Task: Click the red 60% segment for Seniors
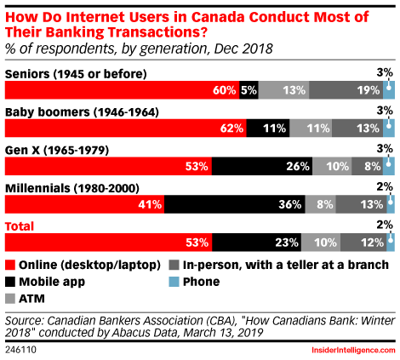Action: coord(122,90)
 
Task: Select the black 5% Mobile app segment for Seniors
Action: coord(249,90)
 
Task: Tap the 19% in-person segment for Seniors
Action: coord(346,90)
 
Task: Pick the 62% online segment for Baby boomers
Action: coord(126,129)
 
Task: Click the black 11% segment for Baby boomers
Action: coord(268,129)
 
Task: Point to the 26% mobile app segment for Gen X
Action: coord(262,166)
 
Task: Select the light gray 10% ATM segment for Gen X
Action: coord(332,166)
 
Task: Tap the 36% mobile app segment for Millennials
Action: coord(235,204)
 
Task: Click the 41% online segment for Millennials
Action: coord(84,204)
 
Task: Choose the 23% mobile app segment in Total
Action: coord(257,243)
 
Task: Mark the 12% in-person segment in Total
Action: coord(363,243)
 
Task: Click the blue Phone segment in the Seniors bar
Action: coord(389,90)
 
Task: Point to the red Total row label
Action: coord(20,226)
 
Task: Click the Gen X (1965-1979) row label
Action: coord(57,151)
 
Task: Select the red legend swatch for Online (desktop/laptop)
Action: coord(10,265)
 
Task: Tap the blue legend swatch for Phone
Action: coord(174,282)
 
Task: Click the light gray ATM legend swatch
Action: coord(10,299)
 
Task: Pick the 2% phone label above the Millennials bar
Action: coord(385,187)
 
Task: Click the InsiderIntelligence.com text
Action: coord(353,350)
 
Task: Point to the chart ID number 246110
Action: coord(20,350)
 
